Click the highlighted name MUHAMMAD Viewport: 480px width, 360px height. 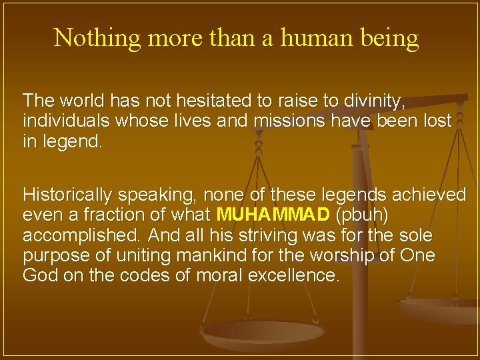273,215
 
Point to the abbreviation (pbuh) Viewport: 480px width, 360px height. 365,215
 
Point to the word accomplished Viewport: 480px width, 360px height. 82,235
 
